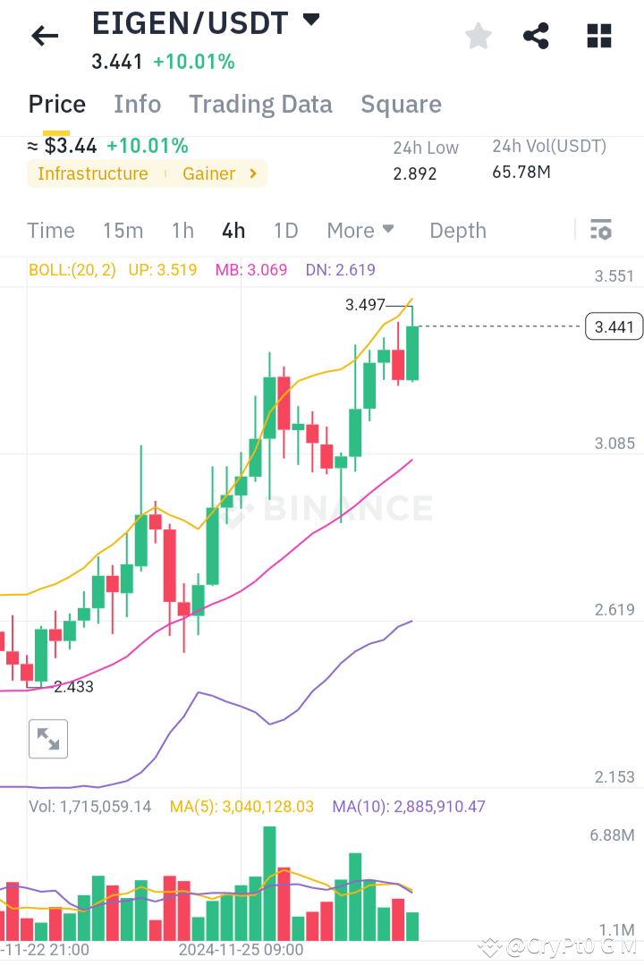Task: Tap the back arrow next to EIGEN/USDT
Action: click(44, 36)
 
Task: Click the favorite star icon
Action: click(478, 36)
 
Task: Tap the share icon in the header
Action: click(536, 36)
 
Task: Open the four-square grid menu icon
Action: click(598, 36)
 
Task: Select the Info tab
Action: click(137, 105)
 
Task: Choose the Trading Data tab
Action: click(260, 105)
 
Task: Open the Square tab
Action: click(401, 105)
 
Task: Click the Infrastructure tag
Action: click(93, 174)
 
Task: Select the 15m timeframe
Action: click(123, 231)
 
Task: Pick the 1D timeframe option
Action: click(285, 231)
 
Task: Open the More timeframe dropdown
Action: click(360, 231)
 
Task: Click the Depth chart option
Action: click(458, 231)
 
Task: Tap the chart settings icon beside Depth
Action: click(600, 231)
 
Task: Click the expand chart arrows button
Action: click(48, 739)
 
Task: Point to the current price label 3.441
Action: click(614, 327)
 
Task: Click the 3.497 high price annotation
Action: click(366, 305)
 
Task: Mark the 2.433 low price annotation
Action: click(73, 687)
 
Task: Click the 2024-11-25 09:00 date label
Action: click(241, 949)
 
